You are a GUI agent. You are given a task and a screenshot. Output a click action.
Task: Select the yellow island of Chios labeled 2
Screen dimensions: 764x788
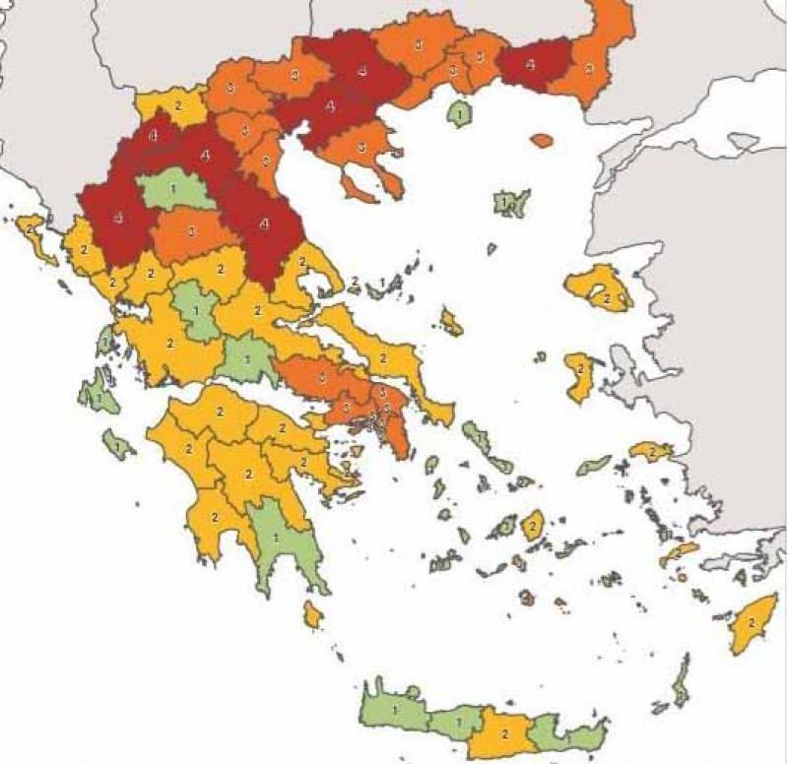click(579, 376)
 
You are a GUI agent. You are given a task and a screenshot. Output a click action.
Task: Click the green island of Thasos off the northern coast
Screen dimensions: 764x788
click(458, 114)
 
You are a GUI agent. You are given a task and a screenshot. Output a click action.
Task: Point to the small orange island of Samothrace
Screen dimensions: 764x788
click(542, 141)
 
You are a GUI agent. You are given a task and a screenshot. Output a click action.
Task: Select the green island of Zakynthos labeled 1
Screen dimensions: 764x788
click(118, 445)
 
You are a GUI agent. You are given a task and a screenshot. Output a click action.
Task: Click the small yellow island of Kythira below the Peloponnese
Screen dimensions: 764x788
click(312, 616)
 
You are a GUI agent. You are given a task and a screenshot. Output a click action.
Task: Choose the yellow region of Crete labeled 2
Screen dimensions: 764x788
click(502, 733)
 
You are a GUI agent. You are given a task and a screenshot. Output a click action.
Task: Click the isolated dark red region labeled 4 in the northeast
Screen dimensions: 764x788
click(533, 63)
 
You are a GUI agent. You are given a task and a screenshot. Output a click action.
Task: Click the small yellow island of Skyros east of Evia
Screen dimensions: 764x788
click(451, 321)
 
